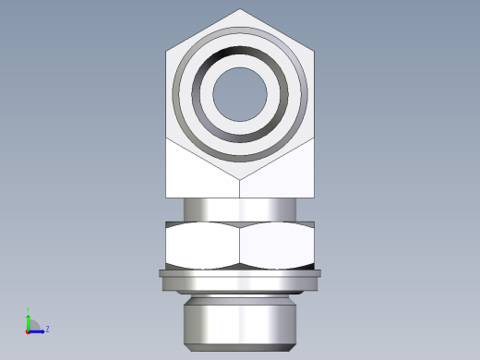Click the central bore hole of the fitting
[x=240, y=94]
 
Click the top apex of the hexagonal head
[x=240, y=10]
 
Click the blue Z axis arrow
[x=38, y=330]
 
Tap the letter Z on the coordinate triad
[x=47, y=329]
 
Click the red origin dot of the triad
[x=29, y=330]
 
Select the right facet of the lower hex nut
[x=279, y=246]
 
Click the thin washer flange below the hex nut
[x=240, y=273]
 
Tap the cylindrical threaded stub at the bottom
[x=240, y=318]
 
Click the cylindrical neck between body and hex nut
[x=240, y=210]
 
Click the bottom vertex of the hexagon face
[x=240, y=179]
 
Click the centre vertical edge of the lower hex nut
[x=240, y=246]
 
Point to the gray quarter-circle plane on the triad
[x=33, y=325]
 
